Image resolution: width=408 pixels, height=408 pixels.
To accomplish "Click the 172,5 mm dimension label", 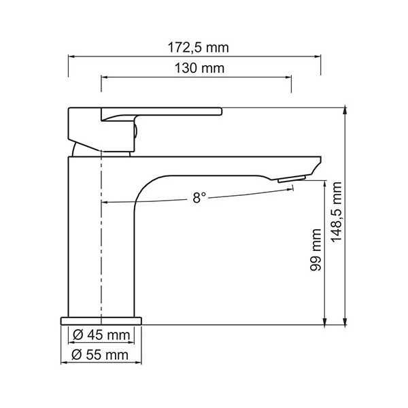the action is [199, 48].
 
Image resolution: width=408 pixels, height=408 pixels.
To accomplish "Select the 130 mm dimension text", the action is [199, 69].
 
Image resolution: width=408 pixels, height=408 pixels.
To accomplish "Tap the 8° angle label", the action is [199, 197].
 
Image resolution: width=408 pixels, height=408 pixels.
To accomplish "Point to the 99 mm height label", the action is [316, 250].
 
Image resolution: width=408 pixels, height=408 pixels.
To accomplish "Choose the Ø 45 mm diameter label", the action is [101, 335].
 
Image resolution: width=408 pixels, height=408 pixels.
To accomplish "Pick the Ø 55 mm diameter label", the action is [100, 355].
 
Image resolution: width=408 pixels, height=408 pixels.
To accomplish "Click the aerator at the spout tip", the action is [292, 179].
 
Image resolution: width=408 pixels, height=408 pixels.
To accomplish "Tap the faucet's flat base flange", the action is [101, 321].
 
